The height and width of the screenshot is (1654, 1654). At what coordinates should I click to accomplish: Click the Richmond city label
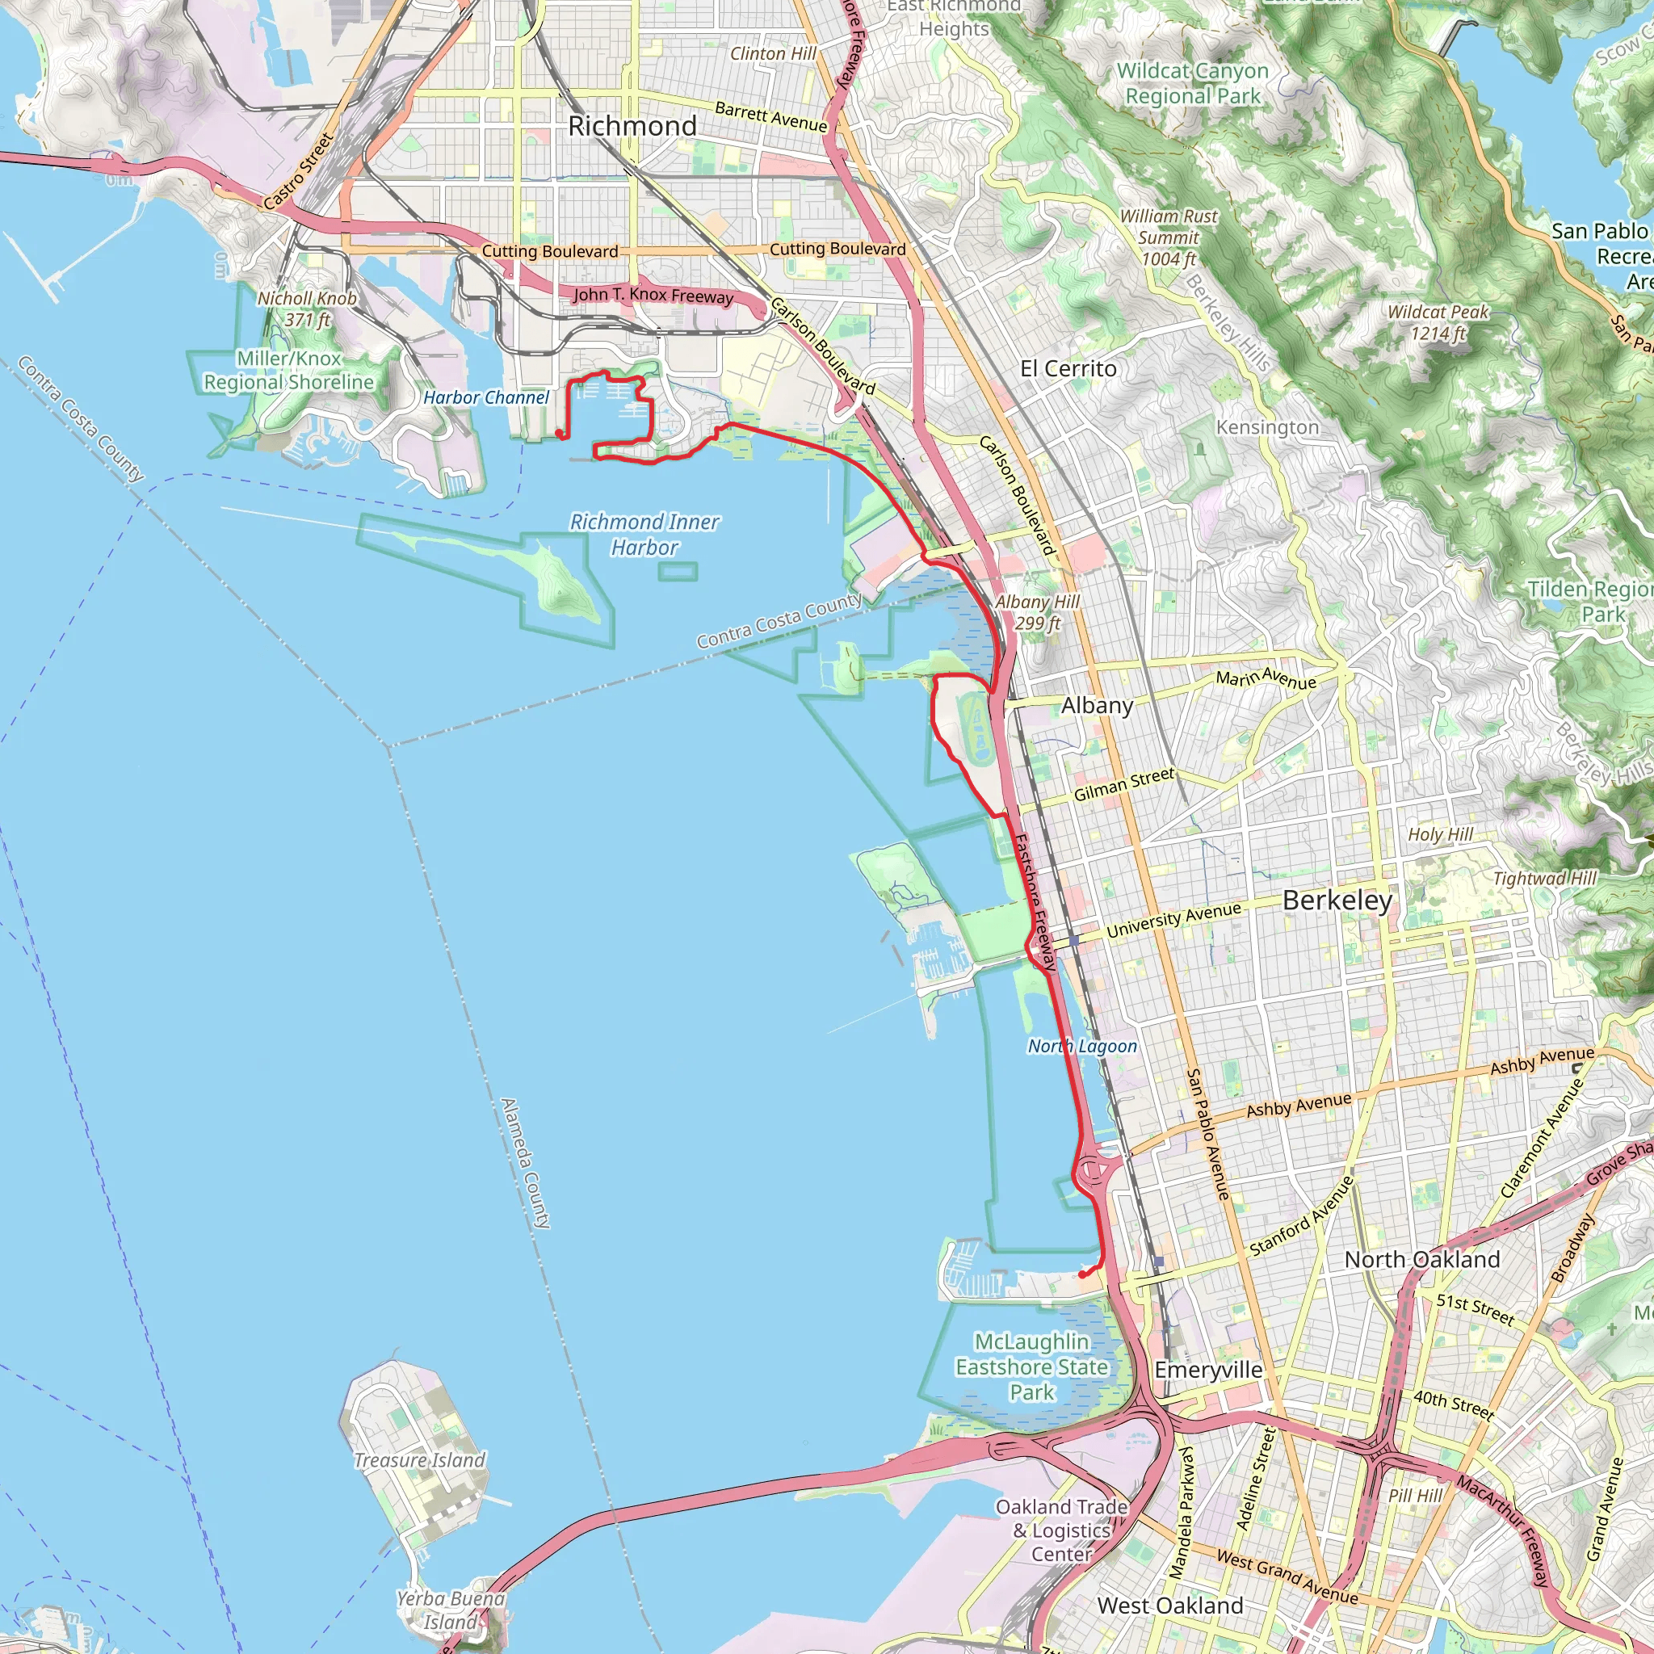[632, 126]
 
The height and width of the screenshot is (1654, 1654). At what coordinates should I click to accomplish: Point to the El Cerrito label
[1068, 369]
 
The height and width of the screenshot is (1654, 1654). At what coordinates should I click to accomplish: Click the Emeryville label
[1207, 1370]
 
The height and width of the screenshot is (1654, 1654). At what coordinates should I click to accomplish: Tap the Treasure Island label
[419, 1459]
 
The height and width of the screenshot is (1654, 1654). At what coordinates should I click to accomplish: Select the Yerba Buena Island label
[451, 1610]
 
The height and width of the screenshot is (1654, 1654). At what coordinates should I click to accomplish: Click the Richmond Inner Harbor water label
[644, 534]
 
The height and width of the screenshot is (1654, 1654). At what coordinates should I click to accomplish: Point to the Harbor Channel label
[485, 397]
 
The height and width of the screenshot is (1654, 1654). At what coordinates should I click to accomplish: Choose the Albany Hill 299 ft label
[1037, 612]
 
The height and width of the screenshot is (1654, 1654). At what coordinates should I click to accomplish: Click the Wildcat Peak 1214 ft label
[1438, 323]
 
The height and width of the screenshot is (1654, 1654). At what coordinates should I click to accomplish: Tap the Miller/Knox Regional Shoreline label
[288, 370]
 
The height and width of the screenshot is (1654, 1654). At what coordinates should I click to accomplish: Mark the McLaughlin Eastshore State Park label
[1031, 1367]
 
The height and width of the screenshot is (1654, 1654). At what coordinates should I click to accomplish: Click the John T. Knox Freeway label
[653, 296]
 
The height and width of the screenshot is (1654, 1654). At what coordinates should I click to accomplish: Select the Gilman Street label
[1123, 784]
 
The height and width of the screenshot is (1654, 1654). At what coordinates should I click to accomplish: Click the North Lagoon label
[1082, 1046]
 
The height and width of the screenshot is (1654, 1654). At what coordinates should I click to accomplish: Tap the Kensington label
[1267, 427]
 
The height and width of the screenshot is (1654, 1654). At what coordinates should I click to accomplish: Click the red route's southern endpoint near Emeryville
[1082, 1274]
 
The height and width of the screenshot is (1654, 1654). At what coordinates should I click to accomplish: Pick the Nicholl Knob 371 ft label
[306, 309]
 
